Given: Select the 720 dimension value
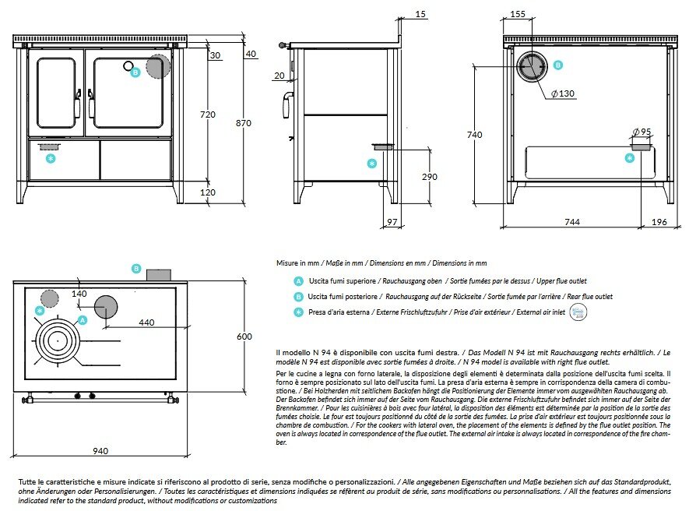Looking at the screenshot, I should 208,115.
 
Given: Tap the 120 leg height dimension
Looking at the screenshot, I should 208,192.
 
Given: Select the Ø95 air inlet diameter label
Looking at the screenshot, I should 642,130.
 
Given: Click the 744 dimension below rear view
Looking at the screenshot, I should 571,222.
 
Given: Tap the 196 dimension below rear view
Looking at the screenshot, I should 659,222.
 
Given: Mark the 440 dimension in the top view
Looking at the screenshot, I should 146,322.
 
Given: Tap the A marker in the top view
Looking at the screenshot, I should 83,319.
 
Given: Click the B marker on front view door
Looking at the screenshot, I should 135,72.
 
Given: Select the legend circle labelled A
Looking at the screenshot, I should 298,280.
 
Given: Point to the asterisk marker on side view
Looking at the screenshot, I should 371,163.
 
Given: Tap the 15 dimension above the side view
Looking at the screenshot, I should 421,14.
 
